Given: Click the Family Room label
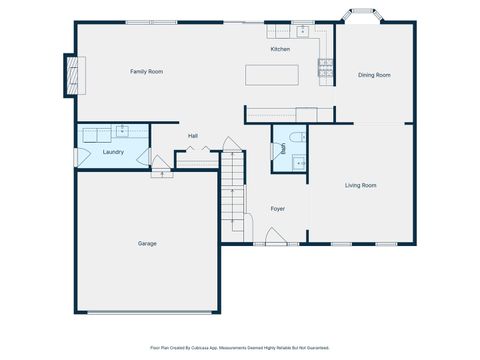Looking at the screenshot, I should [x=146, y=72].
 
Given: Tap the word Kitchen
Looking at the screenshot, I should [x=280, y=49].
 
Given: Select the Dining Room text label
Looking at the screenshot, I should [x=374, y=75].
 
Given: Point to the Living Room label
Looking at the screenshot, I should [x=360, y=185].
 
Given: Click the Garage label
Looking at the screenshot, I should [x=147, y=243].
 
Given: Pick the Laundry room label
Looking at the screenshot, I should [x=112, y=152].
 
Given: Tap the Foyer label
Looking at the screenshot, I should [x=277, y=209].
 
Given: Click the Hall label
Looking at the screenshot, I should [x=194, y=136].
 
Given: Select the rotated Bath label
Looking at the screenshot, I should [x=284, y=148].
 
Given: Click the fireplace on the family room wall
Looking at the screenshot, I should [x=71, y=75].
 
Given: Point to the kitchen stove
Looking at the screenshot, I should [x=324, y=68].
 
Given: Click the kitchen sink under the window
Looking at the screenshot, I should [x=301, y=29].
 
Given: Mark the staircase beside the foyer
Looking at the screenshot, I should [x=233, y=195].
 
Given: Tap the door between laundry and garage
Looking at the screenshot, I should [x=160, y=170].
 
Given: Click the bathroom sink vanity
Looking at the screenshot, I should [x=299, y=161].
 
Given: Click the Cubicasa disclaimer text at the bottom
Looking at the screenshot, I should [x=240, y=349].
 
